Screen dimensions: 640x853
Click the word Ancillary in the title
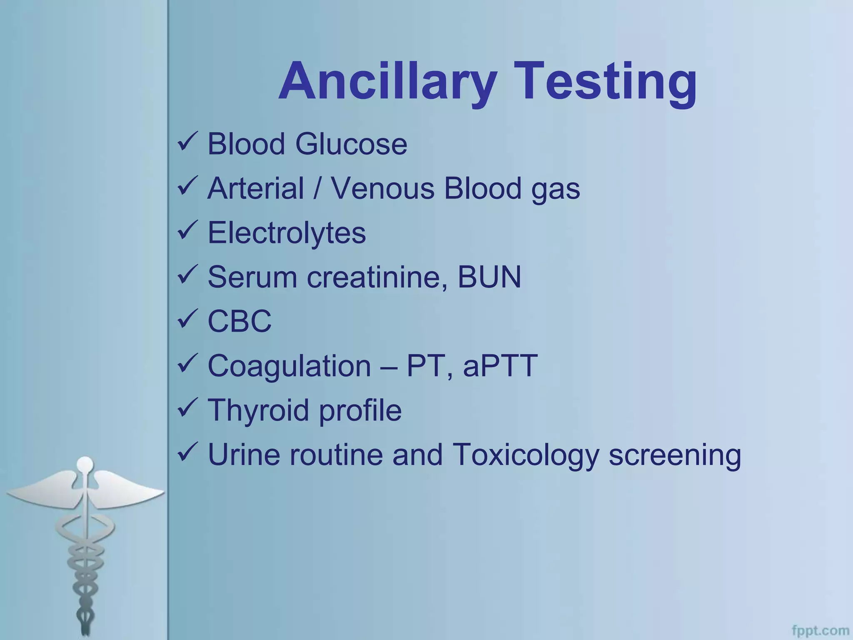[x=388, y=81]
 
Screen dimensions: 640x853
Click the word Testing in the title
[x=609, y=81]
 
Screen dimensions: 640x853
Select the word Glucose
[x=351, y=144]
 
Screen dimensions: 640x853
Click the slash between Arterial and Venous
[x=317, y=188]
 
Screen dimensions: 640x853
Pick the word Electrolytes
[x=287, y=233]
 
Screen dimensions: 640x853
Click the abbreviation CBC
[x=239, y=321]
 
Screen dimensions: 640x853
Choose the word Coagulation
[x=289, y=366]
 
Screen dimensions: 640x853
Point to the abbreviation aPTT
[x=500, y=366]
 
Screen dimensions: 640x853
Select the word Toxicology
[x=525, y=455]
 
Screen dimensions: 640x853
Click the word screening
[x=675, y=455]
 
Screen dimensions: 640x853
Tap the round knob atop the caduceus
[x=85, y=463]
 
